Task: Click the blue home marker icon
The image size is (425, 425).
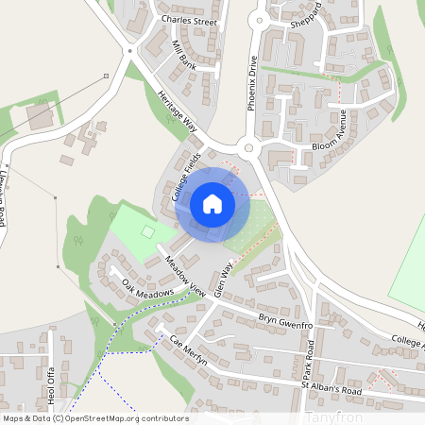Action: coord(212,203)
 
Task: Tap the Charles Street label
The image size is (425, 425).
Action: coord(189,20)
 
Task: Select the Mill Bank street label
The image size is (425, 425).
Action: coord(184,55)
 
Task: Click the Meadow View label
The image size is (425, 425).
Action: coord(184,272)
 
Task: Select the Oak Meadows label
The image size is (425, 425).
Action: coord(147,298)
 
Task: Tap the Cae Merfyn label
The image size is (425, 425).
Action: coord(189,352)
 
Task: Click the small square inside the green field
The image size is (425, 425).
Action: coord(146,230)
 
